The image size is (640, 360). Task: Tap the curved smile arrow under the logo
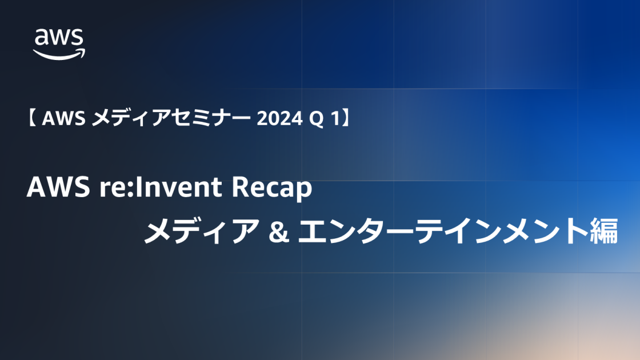[59, 53]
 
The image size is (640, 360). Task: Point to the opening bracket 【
[33, 118]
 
